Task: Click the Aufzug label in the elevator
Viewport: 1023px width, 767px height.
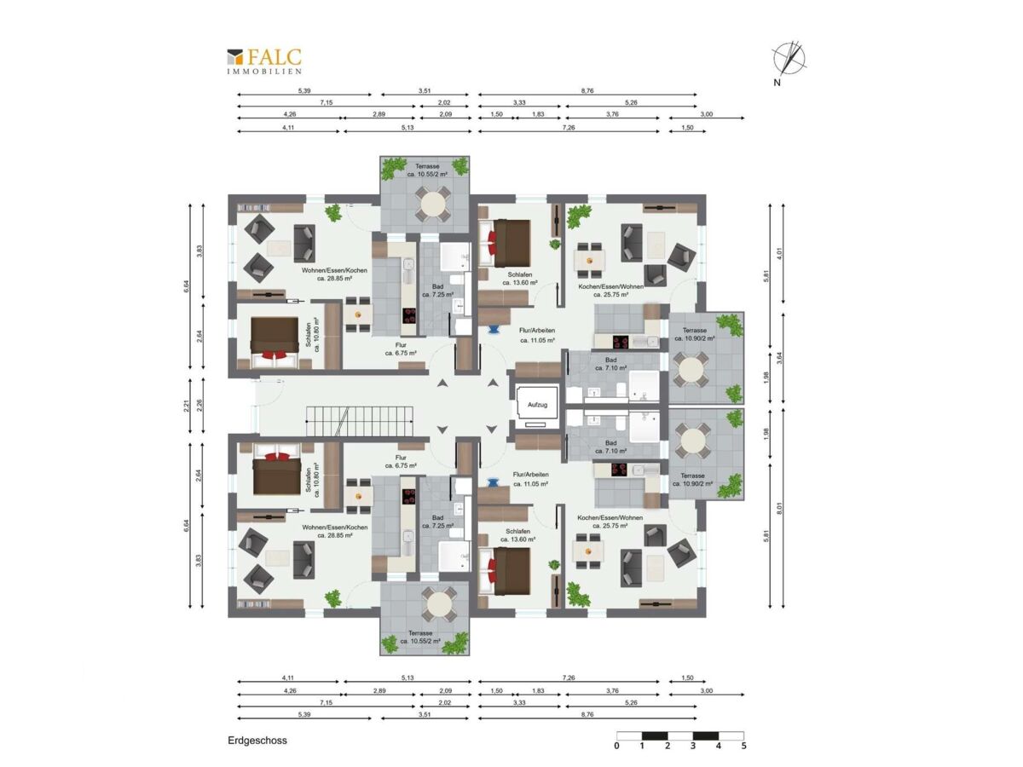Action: pos(537,405)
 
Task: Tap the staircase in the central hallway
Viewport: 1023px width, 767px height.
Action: pos(360,421)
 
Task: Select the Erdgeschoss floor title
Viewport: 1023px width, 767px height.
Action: pos(257,741)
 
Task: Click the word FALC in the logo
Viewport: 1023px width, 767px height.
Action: pos(274,57)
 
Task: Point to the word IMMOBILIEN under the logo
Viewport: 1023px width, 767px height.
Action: pos(264,72)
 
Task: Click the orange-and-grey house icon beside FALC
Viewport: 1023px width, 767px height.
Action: pos(235,57)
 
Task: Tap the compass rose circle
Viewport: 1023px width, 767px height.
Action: pos(789,58)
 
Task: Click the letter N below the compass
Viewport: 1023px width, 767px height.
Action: pos(777,83)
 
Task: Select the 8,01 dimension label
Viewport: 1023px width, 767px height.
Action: pos(779,508)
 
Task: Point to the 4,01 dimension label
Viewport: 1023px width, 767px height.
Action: pos(779,253)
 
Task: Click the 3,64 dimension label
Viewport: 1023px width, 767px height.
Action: pos(779,358)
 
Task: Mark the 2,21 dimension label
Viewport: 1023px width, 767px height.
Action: pos(187,407)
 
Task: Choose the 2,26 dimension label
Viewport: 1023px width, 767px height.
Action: pos(199,407)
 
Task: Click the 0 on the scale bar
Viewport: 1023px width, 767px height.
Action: pos(616,746)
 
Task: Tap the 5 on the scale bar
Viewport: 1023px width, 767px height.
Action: pos(744,746)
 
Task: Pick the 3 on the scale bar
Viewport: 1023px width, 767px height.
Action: pos(693,746)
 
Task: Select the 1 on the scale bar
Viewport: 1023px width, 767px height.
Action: pos(642,746)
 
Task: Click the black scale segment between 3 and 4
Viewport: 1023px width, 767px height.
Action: pos(706,735)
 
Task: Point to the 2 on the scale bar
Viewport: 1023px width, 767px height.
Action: pos(668,746)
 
